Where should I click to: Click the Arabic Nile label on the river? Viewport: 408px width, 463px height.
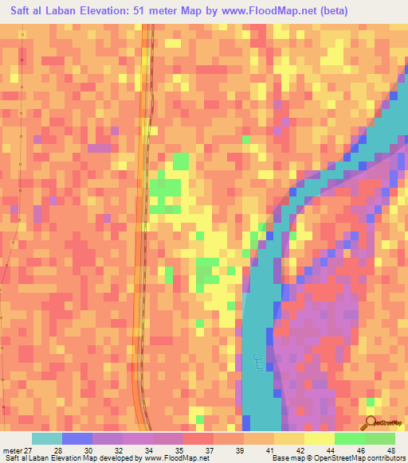(x=257, y=363)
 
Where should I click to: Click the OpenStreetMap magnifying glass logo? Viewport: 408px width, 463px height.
(x=370, y=423)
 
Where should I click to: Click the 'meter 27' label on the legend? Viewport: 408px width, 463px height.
(x=18, y=449)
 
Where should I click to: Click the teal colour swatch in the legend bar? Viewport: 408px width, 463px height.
(x=47, y=438)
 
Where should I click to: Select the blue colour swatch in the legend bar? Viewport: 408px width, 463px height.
(x=77, y=438)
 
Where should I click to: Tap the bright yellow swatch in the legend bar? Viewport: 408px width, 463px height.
(x=320, y=438)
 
